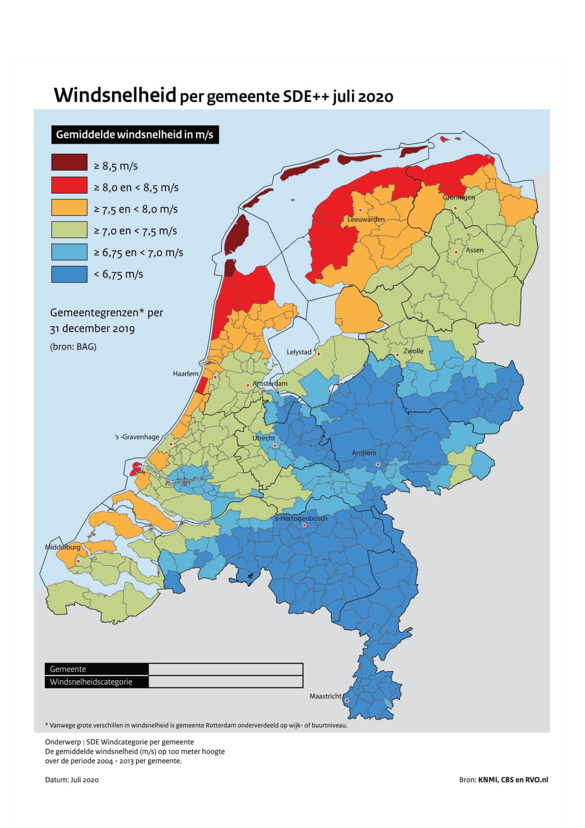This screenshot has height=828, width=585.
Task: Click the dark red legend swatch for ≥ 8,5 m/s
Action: coord(69,162)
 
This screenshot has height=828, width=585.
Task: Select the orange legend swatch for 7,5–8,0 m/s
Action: coord(69,207)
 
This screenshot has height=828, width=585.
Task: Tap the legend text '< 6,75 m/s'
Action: coord(118,275)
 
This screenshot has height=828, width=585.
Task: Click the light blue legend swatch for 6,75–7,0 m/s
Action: coord(69,252)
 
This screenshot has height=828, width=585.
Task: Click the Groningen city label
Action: coord(459,197)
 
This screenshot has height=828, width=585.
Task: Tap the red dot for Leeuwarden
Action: coord(360,210)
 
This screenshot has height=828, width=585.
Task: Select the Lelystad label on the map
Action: coord(299,352)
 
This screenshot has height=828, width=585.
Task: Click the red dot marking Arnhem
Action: coord(378,464)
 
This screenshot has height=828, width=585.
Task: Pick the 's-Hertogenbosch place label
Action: coord(301,518)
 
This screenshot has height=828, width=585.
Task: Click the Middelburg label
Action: coord(63,547)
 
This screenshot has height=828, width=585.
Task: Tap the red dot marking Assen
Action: coord(456,252)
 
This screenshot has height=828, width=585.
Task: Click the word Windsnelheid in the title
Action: coord(115,95)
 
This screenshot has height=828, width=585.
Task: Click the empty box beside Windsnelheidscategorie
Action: coord(225,682)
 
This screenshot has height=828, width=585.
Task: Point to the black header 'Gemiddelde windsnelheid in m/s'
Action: coord(135,135)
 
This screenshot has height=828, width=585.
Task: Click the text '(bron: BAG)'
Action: coord(73,346)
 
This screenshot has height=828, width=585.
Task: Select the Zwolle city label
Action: coord(413,351)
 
